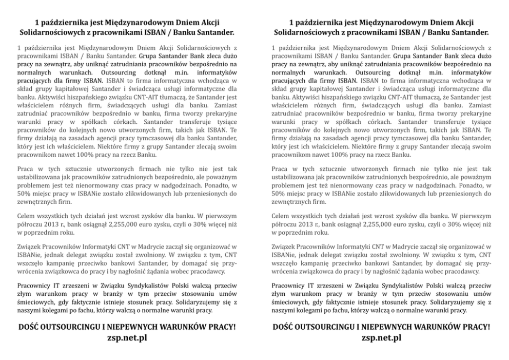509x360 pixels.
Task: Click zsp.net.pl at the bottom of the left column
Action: [x=127, y=337]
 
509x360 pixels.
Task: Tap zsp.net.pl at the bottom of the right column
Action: [x=381, y=337]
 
